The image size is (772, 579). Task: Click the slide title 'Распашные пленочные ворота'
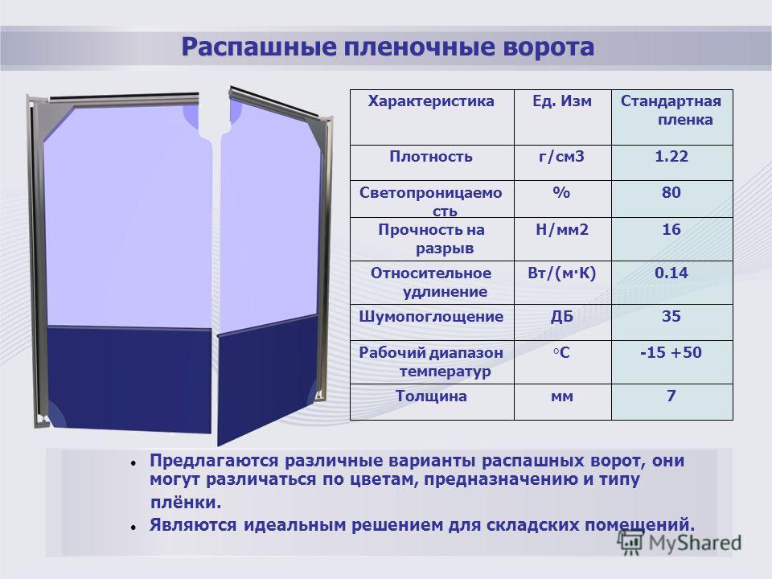[388, 47]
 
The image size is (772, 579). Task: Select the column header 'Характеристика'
[431, 101]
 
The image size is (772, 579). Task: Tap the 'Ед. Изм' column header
[562, 101]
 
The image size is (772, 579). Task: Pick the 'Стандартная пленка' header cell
[671, 110]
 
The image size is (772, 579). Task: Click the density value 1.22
[671, 156]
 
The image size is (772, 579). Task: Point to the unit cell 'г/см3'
[562, 157]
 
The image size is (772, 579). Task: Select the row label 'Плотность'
[431, 157]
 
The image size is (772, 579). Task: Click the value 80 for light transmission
[671, 192]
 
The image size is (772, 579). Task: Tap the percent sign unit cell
[562, 192]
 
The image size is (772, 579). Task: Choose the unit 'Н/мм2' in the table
[562, 229]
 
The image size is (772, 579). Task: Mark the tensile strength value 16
[671, 229]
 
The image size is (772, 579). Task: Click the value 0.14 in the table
[671, 273]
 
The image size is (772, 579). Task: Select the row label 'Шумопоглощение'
[431, 317]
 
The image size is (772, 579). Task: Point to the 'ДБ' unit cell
[562, 316]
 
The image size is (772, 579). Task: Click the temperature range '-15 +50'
[671, 352]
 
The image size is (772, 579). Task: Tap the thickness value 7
[671, 396]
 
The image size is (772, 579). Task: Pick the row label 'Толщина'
[431, 396]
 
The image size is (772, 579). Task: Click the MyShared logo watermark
[679, 543]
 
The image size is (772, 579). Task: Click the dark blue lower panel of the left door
[129, 379]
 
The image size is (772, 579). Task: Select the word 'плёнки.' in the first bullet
[186, 502]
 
